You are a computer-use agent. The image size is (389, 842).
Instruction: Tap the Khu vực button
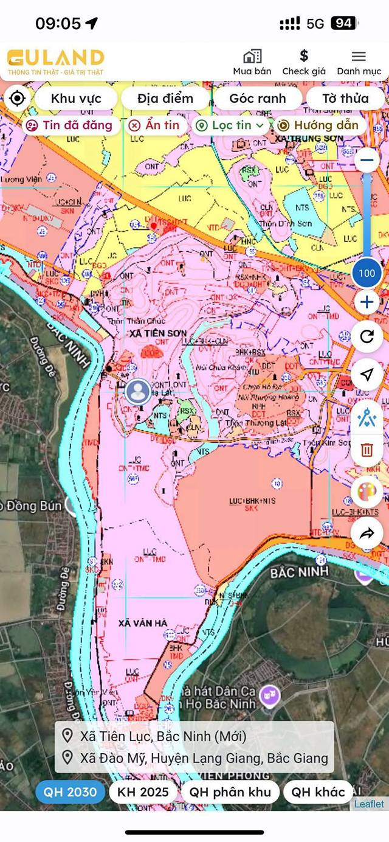[x=75, y=99]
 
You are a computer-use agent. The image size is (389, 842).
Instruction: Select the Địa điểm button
[x=165, y=99]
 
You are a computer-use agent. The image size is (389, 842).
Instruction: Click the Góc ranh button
[x=257, y=99]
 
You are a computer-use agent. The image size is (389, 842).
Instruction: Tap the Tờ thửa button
[x=345, y=99]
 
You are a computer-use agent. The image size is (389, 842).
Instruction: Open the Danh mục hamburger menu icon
[x=359, y=57]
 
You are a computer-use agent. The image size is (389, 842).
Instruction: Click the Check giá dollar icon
[x=304, y=57]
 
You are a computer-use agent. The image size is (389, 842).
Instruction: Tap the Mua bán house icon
[x=252, y=57]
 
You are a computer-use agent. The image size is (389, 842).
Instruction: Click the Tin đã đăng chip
[x=71, y=125]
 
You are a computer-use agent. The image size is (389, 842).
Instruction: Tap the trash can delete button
[x=367, y=450]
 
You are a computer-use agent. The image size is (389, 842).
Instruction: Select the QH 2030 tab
[x=70, y=792]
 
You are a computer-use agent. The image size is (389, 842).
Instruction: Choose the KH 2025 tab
[x=143, y=792]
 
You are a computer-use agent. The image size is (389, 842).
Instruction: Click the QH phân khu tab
[x=229, y=792]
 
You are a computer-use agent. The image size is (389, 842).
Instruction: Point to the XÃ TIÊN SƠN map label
[x=157, y=333]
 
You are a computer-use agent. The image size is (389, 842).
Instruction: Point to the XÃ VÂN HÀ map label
[x=143, y=623]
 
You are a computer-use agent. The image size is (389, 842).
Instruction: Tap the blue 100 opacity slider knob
[x=367, y=273]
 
